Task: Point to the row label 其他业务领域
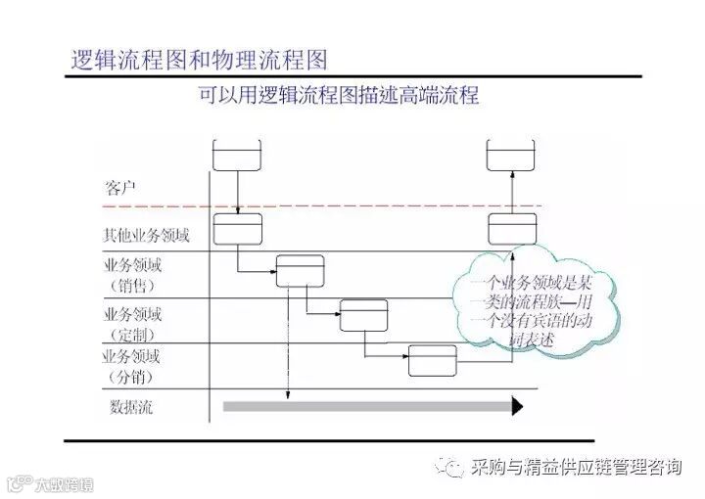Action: (147, 235)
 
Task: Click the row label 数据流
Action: (131, 405)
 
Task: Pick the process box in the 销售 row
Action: (300, 270)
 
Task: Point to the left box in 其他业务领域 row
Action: (238, 230)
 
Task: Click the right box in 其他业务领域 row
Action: (513, 230)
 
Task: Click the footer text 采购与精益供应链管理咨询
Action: (575, 468)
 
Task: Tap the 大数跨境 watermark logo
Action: (49, 481)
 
